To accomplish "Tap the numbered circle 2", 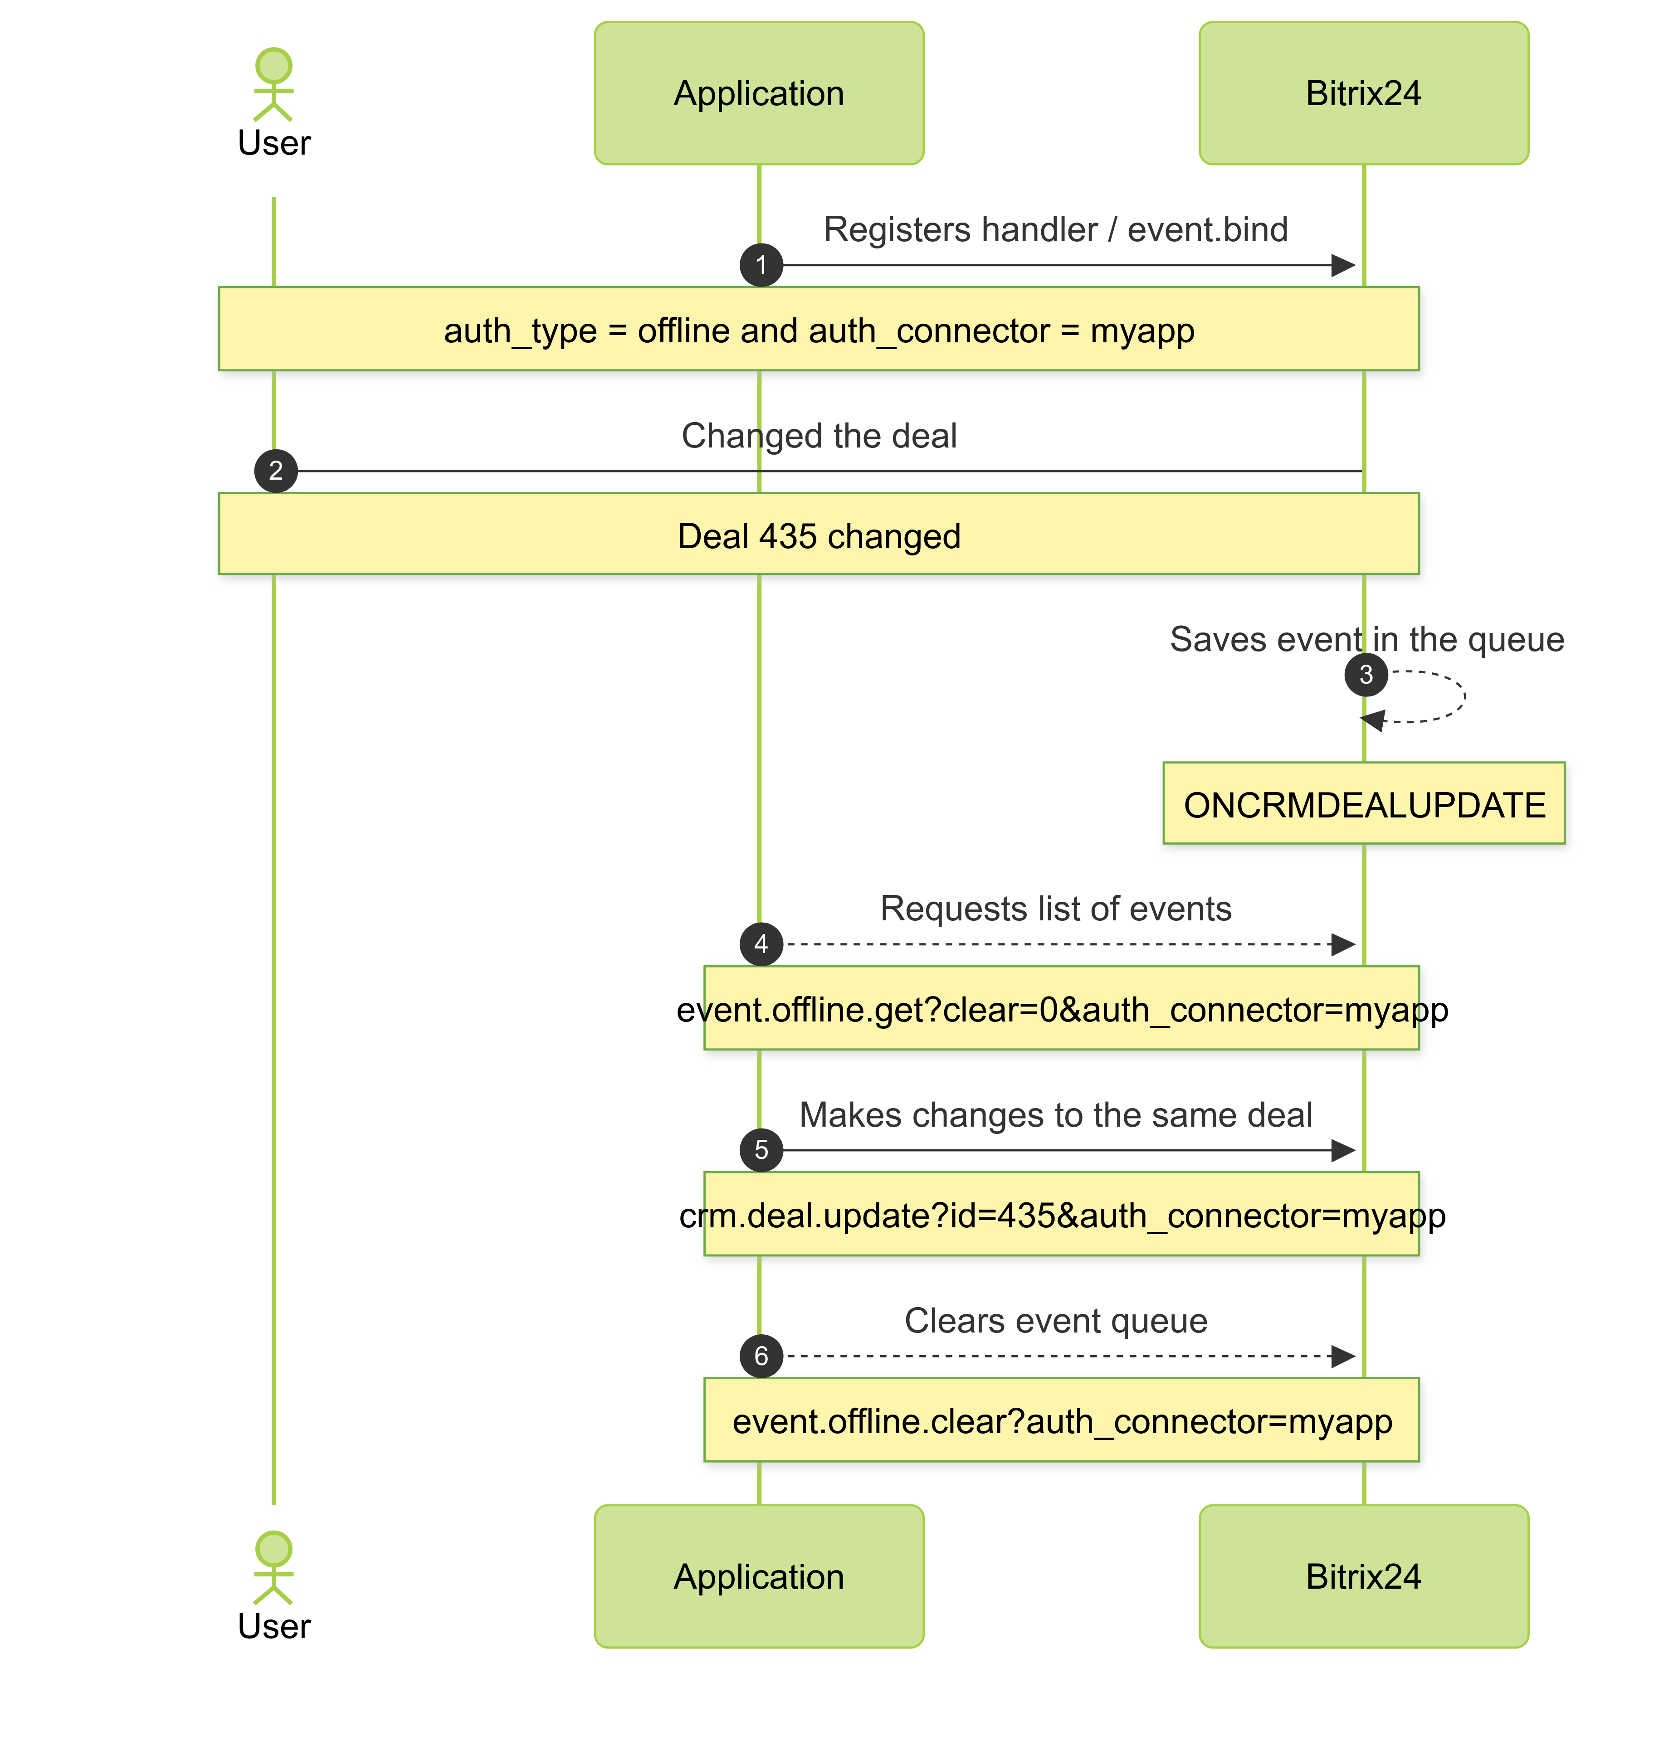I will coord(275,471).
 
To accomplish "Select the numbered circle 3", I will coord(1366,675).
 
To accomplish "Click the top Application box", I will coord(759,93).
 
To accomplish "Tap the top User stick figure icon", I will coord(273,84).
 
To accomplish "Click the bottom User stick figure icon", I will coord(273,1568).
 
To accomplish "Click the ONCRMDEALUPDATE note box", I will coord(1364,804).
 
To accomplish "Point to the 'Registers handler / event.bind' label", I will coord(1055,229).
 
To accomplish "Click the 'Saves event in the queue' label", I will coord(1366,640).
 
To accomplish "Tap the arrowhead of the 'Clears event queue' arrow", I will coord(1343,1357).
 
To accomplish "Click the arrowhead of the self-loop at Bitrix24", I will coord(1373,720).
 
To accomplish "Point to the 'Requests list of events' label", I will coord(1055,909).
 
